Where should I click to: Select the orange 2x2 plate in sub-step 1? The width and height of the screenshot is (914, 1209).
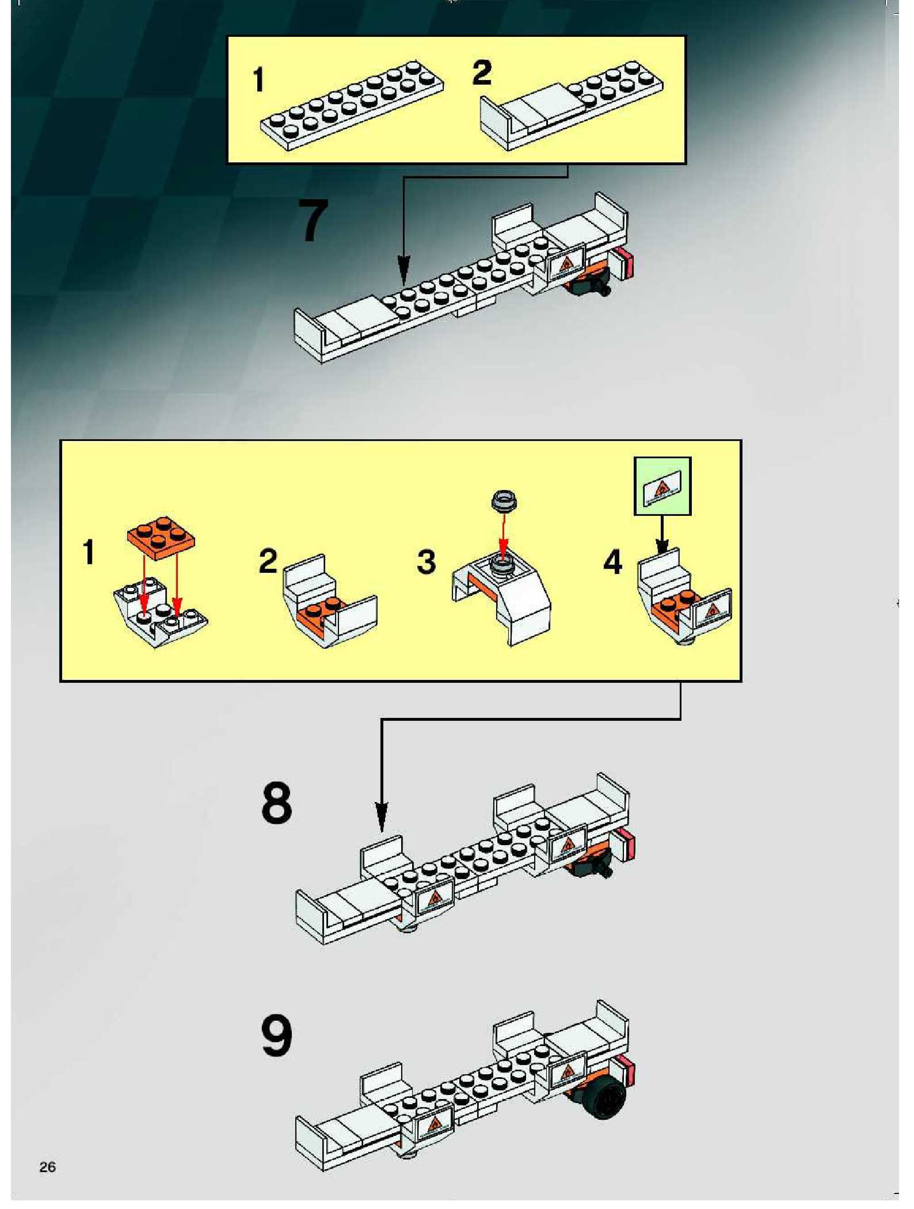161,537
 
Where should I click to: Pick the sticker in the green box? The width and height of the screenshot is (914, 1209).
662,486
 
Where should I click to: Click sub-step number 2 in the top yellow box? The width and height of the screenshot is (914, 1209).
482,73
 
